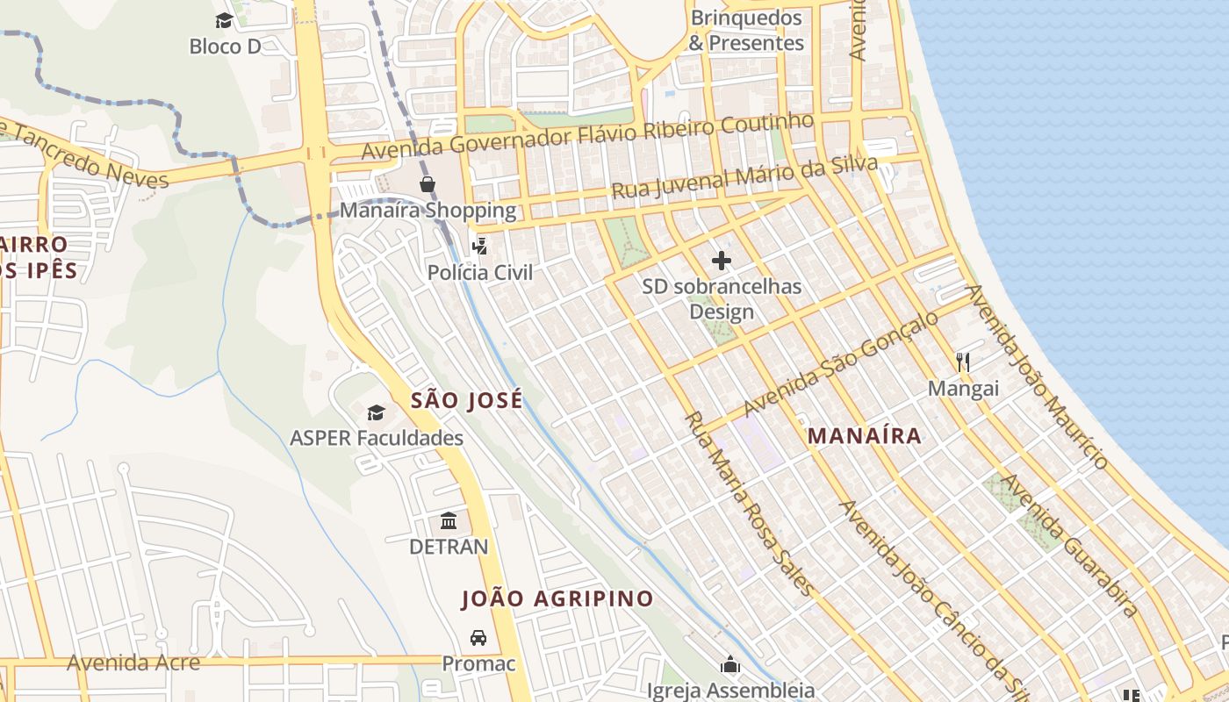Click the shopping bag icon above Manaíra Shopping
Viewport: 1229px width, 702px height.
click(x=427, y=184)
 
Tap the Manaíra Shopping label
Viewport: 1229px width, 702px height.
click(x=428, y=211)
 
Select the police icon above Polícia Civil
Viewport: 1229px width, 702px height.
click(x=479, y=247)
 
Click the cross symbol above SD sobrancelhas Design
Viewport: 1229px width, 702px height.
click(x=721, y=261)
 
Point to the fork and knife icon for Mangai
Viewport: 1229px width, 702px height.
click(x=963, y=362)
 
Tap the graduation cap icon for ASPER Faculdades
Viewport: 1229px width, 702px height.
click(x=376, y=412)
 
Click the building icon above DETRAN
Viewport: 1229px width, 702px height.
click(x=449, y=521)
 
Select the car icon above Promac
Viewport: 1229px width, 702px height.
click(x=478, y=638)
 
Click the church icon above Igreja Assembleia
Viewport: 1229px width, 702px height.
click(x=730, y=665)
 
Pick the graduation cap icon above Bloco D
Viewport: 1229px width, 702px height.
click(x=225, y=20)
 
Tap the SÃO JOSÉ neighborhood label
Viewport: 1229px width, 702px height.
click(x=467, y=400)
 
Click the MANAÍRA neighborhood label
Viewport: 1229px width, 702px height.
click(x=865, y=435)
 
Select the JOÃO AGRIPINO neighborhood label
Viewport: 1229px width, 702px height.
click(x=557, y=599)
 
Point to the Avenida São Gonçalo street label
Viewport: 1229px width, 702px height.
click(x=840, y=364)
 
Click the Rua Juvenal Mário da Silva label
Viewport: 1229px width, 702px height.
click(x=744, y=178)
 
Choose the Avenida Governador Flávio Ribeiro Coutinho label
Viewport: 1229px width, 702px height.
click(x=588, y=136)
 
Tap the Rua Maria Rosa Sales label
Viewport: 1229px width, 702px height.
click(x=748, y=504)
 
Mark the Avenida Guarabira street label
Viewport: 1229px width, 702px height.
click(x=1071, y=544)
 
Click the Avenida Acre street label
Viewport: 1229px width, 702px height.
click(x=133, y=663)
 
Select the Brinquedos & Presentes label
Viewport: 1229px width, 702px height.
click(x=746, y=31)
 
